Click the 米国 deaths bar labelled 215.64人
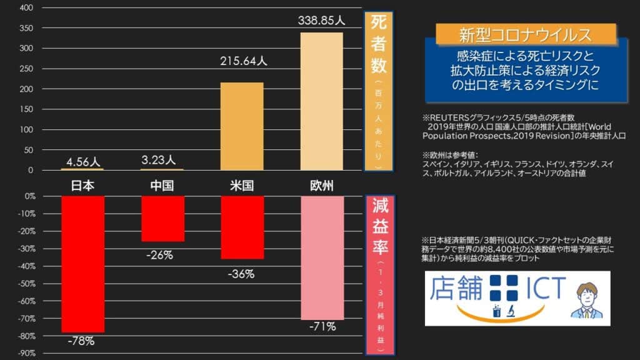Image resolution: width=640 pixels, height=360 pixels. [x=242, y=126]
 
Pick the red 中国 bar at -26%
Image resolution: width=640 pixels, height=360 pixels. [x=162, y=219]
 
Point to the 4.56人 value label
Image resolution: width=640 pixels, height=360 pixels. [x=82, y=161]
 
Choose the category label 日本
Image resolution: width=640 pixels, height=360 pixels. [x=82, y=186]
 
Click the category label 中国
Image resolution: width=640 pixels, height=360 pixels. [x=162, y=186]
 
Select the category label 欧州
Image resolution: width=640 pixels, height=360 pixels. [x=322, y=186]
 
